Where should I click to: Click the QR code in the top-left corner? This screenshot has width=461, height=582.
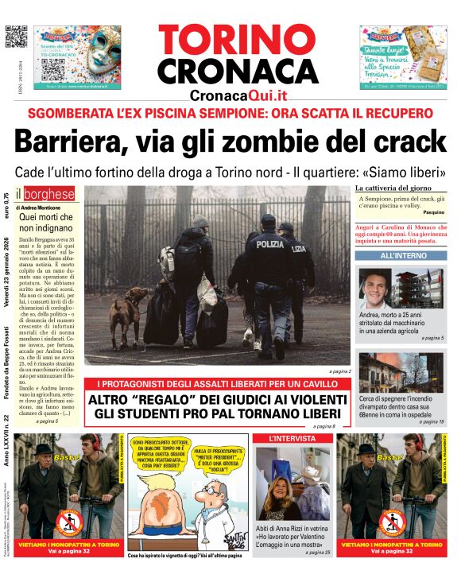15,37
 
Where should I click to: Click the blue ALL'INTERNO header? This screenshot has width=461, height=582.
399,256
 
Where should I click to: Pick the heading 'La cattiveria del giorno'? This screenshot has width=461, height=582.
393,188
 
